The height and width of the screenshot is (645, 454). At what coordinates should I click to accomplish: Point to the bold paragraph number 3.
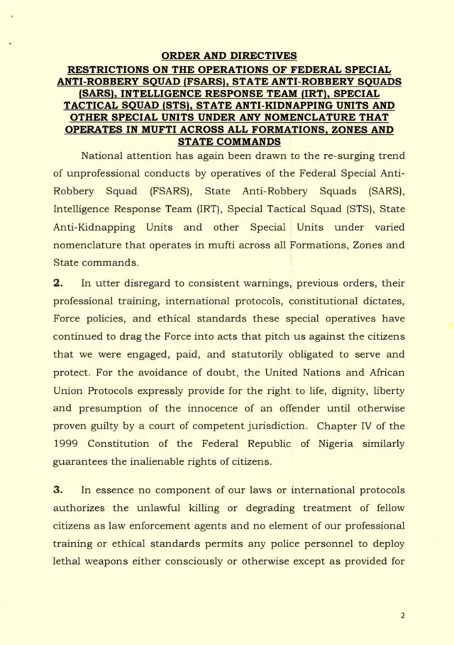[x=60, y=490]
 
